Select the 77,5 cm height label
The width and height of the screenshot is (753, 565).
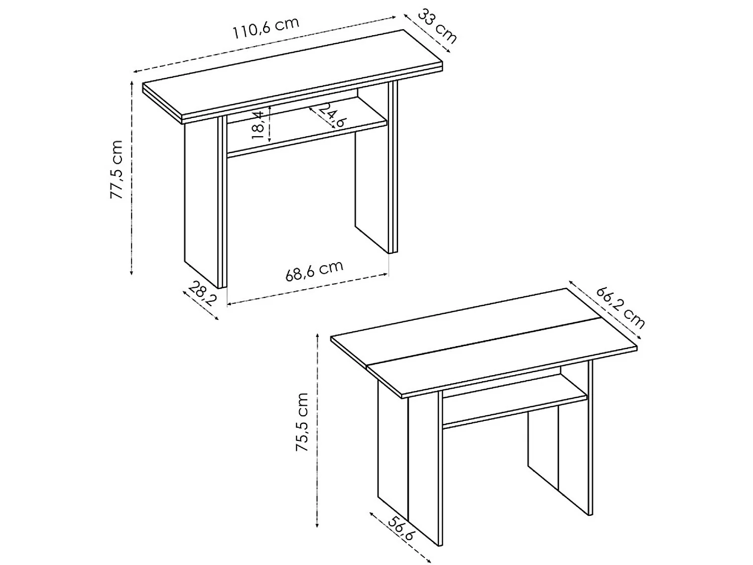(116, 169)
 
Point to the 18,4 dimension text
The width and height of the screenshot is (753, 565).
(259, 126)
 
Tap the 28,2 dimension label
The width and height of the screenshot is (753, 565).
(202, 294)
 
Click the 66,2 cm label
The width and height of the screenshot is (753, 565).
(620, 307)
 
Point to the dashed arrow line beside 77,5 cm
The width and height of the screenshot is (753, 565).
(132, 176)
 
